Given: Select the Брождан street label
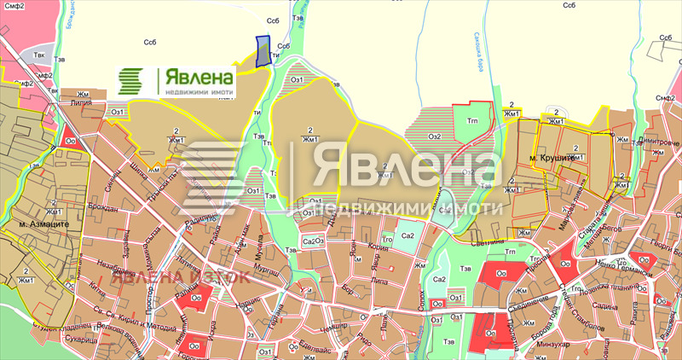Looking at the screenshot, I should click(103, 207).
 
